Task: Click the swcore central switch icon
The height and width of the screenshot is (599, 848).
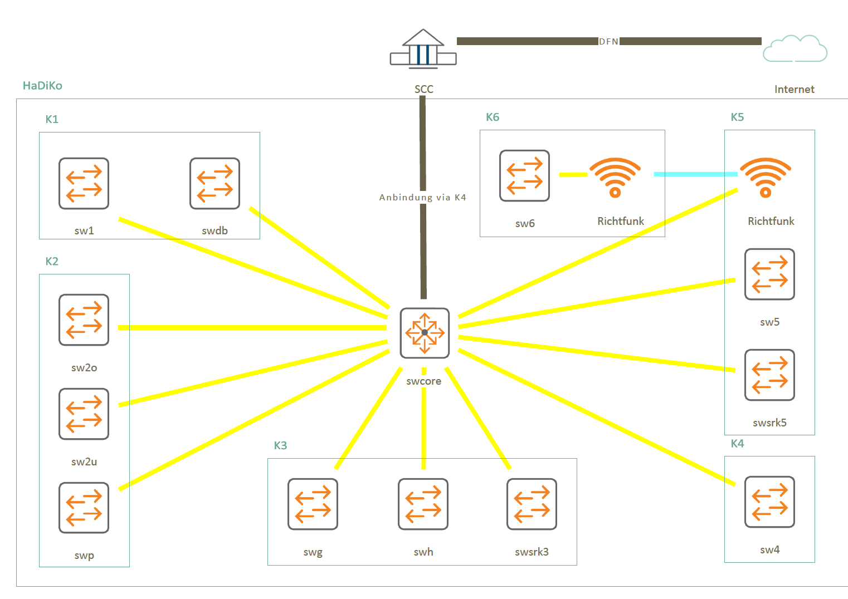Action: (425, 333)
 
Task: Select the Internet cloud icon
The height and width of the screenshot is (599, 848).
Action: (795, 48)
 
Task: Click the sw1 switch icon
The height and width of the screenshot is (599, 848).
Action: (84, 184)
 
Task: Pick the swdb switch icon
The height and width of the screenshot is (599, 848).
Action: (215, 184)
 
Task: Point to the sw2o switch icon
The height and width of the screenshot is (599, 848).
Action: (84, 320)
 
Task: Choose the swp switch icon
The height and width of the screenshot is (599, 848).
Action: (84, 508)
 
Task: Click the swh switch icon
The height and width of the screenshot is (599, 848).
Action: (423, 504)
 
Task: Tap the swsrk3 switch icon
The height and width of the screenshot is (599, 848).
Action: (532, 504)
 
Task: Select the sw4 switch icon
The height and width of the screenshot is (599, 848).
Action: (769, 502)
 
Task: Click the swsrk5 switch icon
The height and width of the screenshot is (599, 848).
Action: (769, 375)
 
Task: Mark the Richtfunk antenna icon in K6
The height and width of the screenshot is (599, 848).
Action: (615, 178)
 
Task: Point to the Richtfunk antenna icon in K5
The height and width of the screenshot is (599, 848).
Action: (766, 178)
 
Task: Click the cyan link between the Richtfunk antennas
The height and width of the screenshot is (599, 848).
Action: (695, 174)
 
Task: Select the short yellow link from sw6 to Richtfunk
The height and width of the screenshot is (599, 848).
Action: (573, 174)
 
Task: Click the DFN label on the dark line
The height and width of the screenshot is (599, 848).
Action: (608, 41)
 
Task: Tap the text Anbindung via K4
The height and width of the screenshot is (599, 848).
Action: (422, 197)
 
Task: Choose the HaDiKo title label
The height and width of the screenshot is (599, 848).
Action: (42, 86)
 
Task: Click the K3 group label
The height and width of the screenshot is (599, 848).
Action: (280, 445)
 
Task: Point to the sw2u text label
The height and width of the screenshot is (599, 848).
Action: (84, 461)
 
